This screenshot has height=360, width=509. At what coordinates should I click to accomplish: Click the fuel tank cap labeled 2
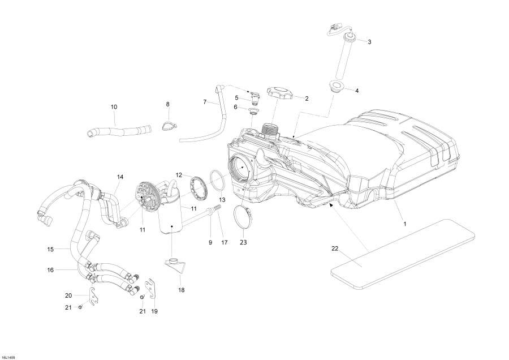tap(280, 92)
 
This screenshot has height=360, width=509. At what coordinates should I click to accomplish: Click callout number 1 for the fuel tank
tap(404, 224)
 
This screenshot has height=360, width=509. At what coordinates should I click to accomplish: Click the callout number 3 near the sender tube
tap(369, 42)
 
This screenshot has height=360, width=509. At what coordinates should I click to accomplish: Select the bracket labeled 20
tap(92, 294)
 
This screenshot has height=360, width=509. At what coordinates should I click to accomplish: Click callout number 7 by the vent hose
tap(205, 102)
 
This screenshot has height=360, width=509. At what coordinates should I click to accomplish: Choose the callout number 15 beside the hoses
tap(50, 248)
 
